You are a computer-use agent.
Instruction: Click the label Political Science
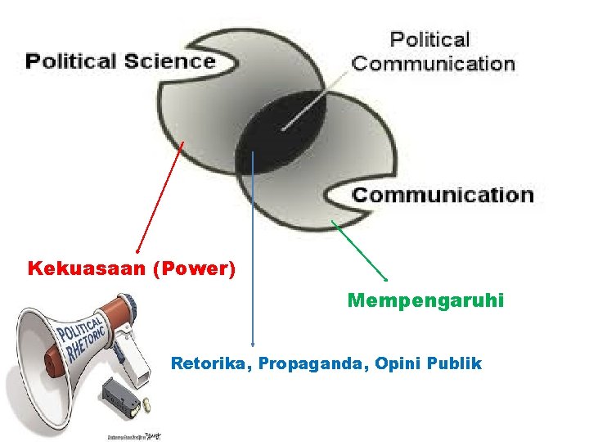pyautogui.click(x=120, y=61)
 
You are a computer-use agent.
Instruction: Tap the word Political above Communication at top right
pyautogui.click(x=429, y=39)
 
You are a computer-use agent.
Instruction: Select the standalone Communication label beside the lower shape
pyautogui.click(x=443, y=195)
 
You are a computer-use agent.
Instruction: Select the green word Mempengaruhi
pyautogui.click(x=425, y=301)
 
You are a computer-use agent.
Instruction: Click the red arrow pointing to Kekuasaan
pyautogui.click(x=160, y=196)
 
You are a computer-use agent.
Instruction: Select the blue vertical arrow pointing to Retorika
pyautogui.click(x=253, y=246)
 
